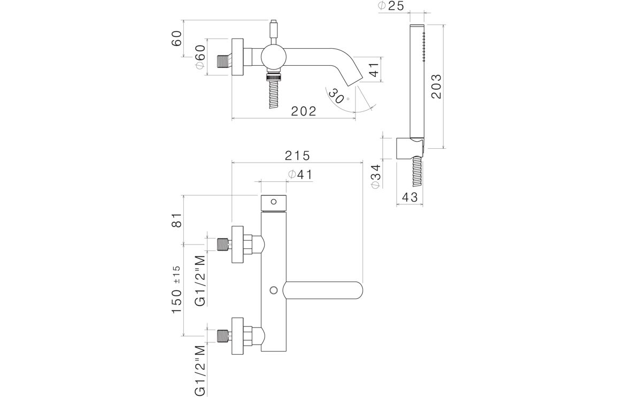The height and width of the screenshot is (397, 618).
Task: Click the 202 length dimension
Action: tap(304, 111)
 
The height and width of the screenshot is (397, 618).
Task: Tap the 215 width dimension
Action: tap(297, 156)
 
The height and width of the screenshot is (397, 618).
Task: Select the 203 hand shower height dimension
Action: tap(436, 86)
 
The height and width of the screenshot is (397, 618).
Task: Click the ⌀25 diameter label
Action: tap(391, 6)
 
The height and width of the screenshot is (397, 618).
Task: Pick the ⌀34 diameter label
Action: tap(375, 175)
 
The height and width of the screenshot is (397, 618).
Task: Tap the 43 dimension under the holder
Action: tap(409, 197)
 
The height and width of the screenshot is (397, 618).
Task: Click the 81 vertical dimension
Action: tap(177, 220)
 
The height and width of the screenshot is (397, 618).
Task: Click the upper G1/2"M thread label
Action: tap(200, 281)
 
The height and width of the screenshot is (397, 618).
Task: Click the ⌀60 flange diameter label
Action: tap(199, 56)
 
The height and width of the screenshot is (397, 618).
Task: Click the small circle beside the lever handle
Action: tap(274, 290)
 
